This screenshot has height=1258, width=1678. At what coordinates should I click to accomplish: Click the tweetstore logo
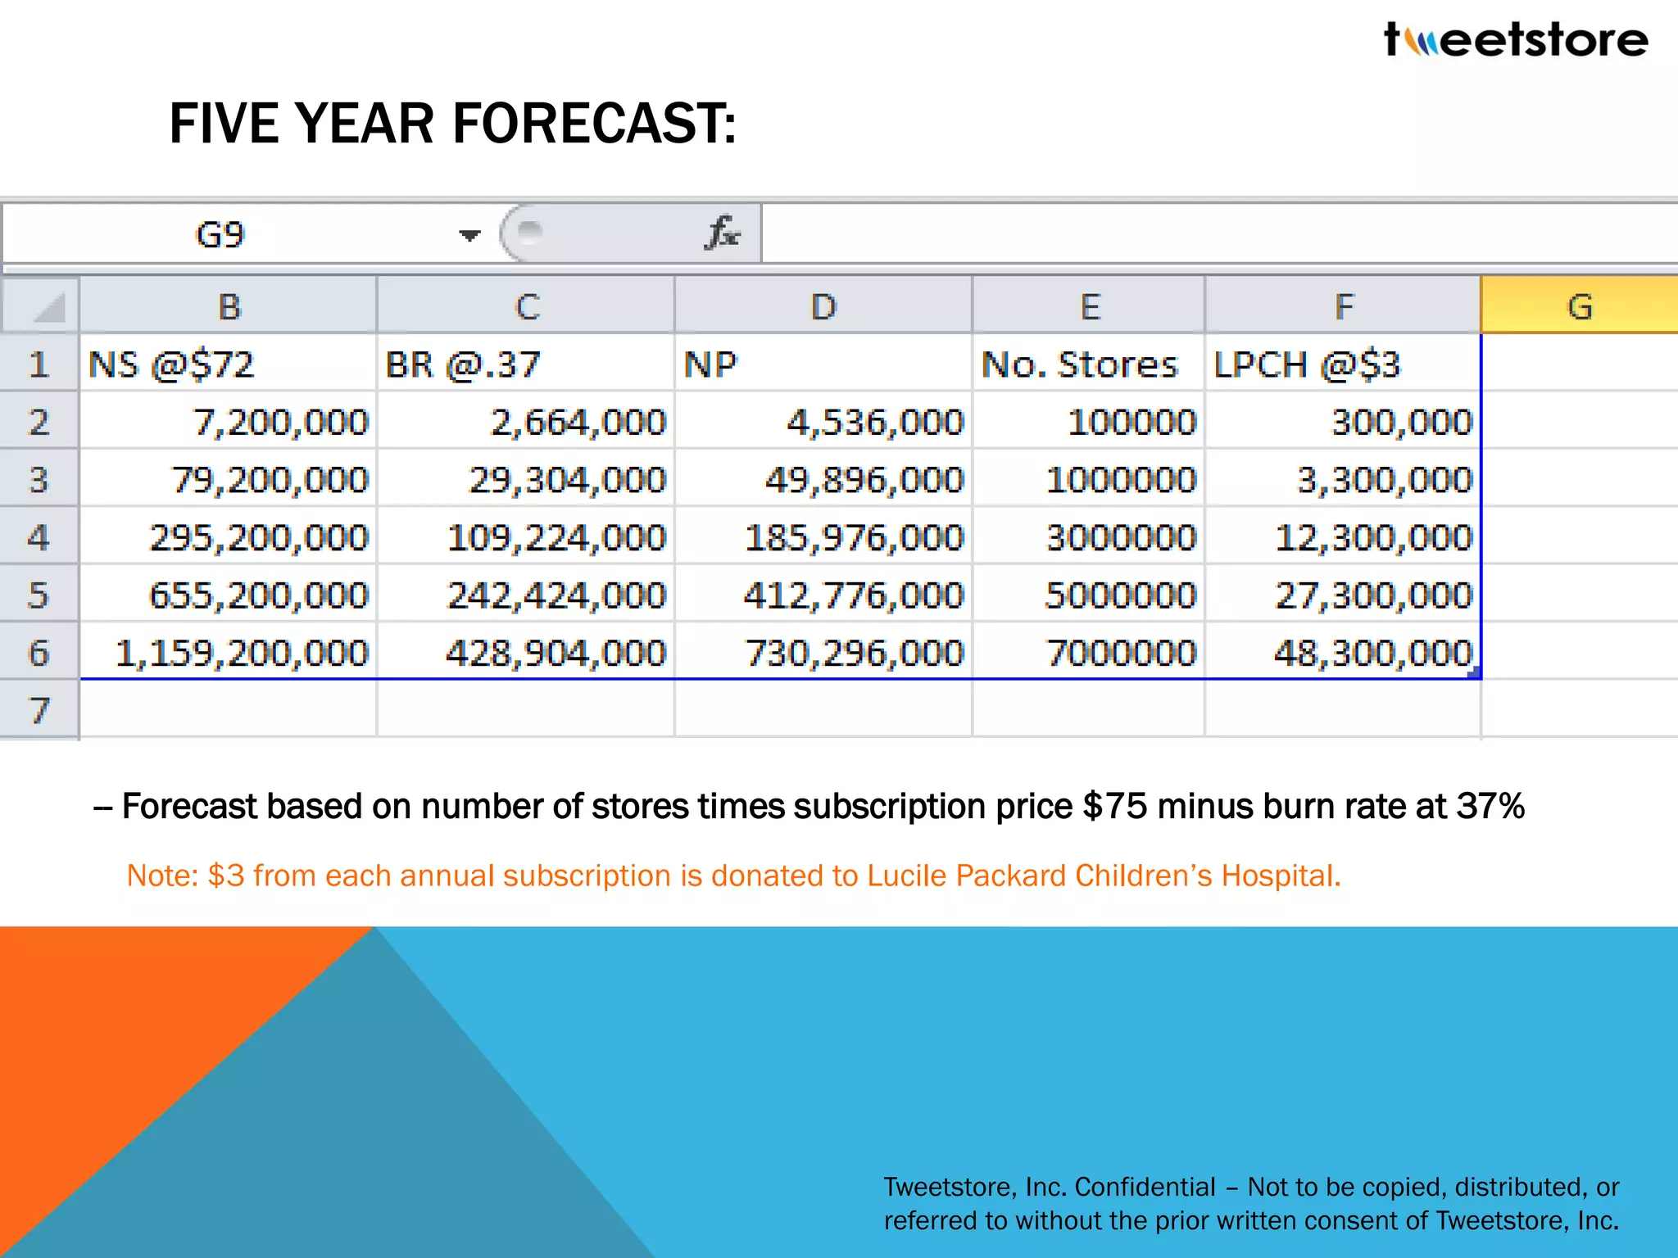pos(1516,39)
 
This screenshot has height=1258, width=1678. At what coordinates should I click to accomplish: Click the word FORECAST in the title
pos(594,124)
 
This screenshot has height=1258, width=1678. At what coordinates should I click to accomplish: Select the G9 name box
pos(220,235)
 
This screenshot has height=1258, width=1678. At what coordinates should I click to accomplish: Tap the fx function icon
pos(722,233)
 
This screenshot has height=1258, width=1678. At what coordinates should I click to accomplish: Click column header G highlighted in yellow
pos(1579,306)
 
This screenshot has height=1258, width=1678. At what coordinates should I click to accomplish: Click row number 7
pos(39,710)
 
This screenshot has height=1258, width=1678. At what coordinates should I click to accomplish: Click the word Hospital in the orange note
pos(1280,876)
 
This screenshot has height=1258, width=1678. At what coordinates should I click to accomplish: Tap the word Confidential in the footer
pos(1145,1187)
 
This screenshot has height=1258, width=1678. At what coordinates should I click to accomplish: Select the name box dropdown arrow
pos(469,236)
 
